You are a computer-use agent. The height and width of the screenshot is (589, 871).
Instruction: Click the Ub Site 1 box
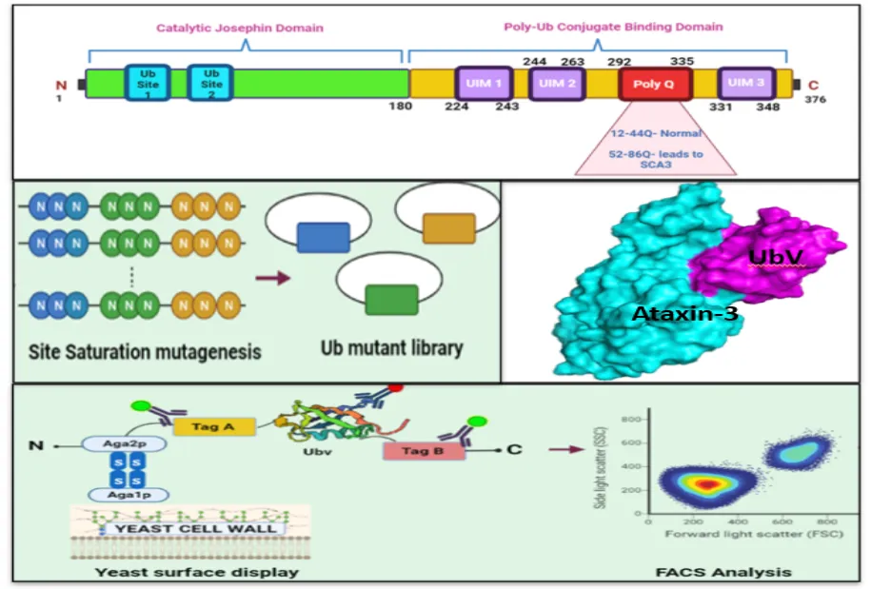click(148, 83)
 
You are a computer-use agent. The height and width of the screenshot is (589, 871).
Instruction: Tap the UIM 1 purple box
click(485, 84)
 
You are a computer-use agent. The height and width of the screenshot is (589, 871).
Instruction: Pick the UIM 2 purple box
click(558, 84)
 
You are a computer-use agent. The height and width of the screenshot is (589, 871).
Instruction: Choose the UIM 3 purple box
click(746, 84)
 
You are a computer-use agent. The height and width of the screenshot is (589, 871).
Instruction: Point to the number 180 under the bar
click(400, 106)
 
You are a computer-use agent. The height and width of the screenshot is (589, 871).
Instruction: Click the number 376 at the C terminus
click(814, 100)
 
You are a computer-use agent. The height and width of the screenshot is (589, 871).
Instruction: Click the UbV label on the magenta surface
click(775, 257)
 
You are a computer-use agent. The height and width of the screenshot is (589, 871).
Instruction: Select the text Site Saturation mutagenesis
click(130, 352)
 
